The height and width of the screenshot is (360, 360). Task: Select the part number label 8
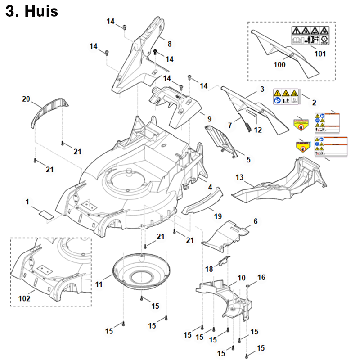click(x=169, y=44)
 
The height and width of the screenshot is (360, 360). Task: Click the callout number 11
click(x=99, y=284)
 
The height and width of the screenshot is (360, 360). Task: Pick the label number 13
click(x=239, y=178)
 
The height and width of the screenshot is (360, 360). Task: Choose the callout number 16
click(x=261, y=277)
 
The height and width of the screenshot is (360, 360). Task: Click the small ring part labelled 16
click(x=248, y=285)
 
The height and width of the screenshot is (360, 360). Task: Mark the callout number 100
click(x=280, y=65)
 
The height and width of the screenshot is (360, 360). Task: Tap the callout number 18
click(x=209, y=269)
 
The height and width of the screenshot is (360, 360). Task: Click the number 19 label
click(x=218, y=216)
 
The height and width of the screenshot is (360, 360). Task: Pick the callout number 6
click(x=256, y=221)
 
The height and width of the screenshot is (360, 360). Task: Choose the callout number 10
click(x=241, y=278)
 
